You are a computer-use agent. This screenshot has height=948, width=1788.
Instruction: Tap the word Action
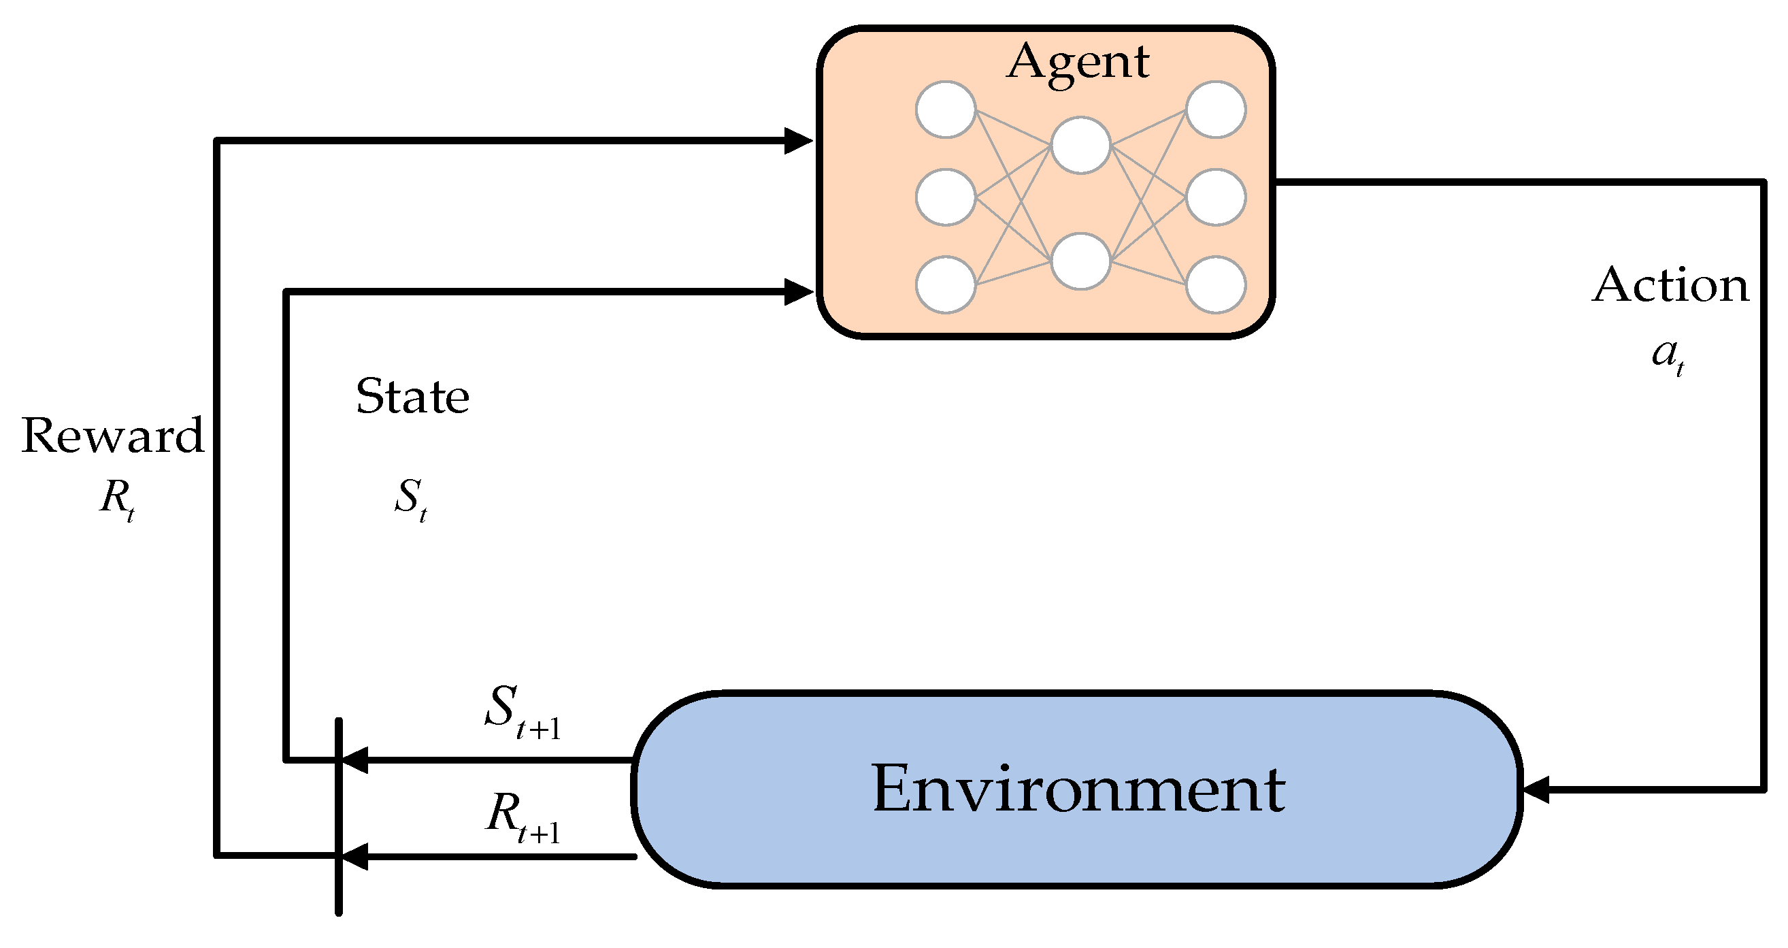(x=1670, y=284)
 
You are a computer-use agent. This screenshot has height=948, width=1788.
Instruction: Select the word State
(x=412, y=397)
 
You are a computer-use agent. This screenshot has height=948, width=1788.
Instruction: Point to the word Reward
(x=112, y=436)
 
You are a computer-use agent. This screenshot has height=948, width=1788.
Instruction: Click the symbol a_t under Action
(x=1667, y=357)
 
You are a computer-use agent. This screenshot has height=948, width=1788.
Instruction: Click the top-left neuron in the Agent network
(x=945, y=110)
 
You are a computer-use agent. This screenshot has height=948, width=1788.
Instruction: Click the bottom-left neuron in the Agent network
(x=945, y=284)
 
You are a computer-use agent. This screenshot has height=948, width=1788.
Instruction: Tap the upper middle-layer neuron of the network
(x=1080, y=145)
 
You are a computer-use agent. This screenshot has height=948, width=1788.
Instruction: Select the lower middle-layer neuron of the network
(x=1080, y=261)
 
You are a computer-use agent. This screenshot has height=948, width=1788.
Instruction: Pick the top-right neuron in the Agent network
(x=1215, y=110)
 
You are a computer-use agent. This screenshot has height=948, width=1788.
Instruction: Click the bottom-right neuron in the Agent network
(x=1215, y=284)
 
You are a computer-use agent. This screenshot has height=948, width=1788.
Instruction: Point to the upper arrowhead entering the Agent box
(x=798, y=141)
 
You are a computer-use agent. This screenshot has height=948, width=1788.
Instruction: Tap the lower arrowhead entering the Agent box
(x=798, y=292)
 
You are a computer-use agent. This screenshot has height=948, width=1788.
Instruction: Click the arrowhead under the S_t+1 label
(x=354, y=759)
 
